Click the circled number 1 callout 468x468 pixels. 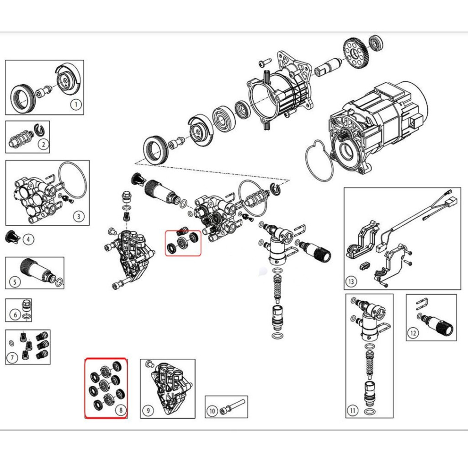tap(76, 105)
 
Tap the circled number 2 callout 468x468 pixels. tap(43, 145)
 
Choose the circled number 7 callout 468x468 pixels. tap(13, 357)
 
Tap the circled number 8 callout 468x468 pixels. tap(120, 410)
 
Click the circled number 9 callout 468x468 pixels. tap(148, 411)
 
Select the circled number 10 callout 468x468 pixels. tap(212, 411)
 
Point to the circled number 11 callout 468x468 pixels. tap(352, 411)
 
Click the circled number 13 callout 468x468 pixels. tap(351, 282)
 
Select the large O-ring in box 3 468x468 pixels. tap(73, 180)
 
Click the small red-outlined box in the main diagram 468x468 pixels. tap(183, 243)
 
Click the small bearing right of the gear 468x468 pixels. tap(377, 43)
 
